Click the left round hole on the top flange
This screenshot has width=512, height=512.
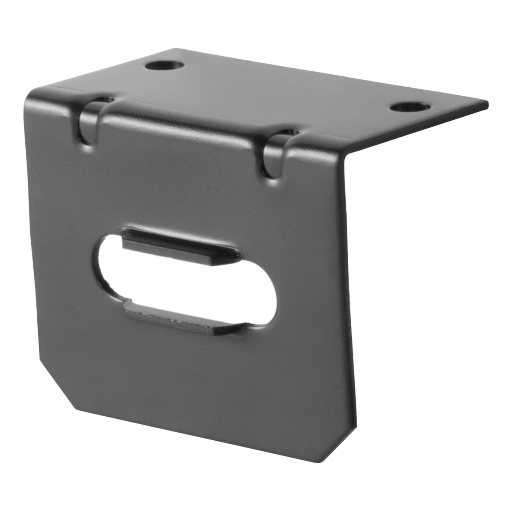(164, 66)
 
